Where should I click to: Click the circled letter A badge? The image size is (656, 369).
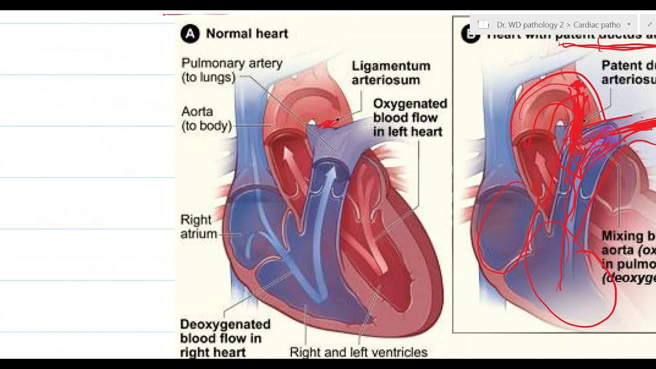pyautogui.click(x=190, y=34)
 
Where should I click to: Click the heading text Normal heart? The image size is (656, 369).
pyautogui.click(x=247, y=34)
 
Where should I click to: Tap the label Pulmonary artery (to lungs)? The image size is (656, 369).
pyautogui.click(x=232, y=70)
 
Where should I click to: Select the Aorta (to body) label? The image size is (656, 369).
pyautogui.click(x=207, y=118)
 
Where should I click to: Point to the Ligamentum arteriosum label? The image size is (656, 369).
pyautogui.click(x=391, y=73)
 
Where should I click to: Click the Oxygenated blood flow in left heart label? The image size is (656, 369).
pyautogui.click(x=409, y=117)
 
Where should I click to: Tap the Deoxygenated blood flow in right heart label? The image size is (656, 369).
pyautogui.click(x=225, y=338)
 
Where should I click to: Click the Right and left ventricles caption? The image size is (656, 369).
pyautogui.click(x=358, y=352)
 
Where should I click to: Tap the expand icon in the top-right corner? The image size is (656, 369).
pyautogui.click(x=649, y=25)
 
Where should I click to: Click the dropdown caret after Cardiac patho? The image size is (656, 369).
pyautogui.click(x=629, y=25)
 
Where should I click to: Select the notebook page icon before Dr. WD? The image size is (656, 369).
pyautogui.click(x=483, y=25)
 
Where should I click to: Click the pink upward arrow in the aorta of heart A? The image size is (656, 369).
pyautogui.click(x=290, y=162)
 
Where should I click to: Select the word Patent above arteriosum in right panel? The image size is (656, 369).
pyautogui.click(x=621, y=66)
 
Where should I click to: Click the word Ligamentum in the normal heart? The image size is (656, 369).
pyautogui.click(x=391, y=66)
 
